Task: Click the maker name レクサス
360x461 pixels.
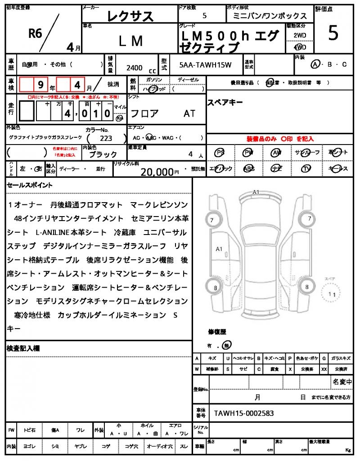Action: tap(130, 16)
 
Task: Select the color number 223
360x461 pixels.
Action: tap(106, 139)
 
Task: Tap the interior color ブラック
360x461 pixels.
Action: tap(103, 154)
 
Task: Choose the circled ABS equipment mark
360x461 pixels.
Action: tap(248, 168)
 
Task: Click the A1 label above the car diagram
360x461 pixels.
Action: tap(256, 192)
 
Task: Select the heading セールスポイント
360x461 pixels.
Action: tap(30, 185)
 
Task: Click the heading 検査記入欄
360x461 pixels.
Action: tap(23, 348)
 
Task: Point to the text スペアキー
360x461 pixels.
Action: tap(225, 102)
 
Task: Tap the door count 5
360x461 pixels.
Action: tap(205, 16)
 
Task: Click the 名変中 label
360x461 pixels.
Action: tap(342, 382)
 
